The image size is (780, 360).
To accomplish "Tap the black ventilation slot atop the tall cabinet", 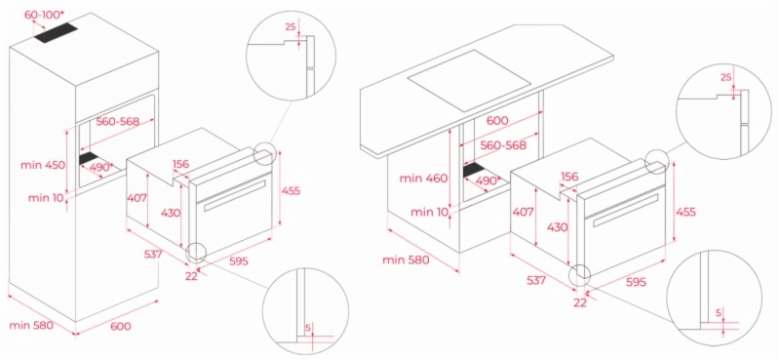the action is point(57,35).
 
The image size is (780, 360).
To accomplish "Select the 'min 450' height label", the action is point(43,165).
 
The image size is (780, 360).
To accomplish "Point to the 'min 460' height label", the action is point(422,179).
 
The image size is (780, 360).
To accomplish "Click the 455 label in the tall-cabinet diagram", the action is point(291,190).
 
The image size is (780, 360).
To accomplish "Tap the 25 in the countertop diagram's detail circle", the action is point(725,77).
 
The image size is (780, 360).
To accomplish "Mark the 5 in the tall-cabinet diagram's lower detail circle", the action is point(308,328).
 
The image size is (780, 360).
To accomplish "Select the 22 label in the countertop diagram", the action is point(580,302).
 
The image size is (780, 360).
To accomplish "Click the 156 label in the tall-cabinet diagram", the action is point(181,164).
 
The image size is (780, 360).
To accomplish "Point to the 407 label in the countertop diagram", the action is point(523,212).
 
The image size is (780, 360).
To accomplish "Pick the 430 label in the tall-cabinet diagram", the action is point(170,213).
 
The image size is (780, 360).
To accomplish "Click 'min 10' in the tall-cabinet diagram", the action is point(46,198).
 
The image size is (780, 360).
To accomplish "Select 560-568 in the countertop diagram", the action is point(503,145).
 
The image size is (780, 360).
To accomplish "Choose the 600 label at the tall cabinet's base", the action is point(120,327).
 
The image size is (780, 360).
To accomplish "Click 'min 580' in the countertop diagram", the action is point(406,260).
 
